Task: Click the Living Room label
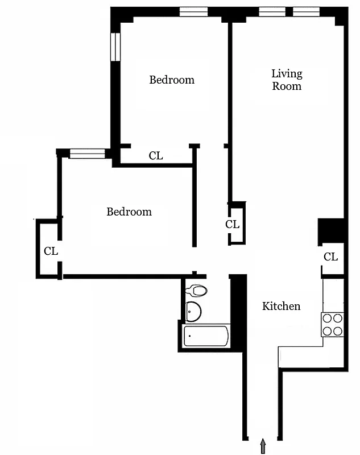coord(287,80)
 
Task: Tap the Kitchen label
coord(281,306)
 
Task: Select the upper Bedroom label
coord(172,80)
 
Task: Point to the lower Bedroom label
coord(129,212)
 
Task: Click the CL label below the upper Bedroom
coord(156,155)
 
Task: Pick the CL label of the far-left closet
coord(51,250)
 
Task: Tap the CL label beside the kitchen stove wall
coord(330,257)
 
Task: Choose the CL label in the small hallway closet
coord(233,224)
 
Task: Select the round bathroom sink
coord(193,311)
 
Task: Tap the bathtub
coord(206,336)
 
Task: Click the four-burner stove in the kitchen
coord(333,324)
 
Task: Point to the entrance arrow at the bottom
coord(263,446)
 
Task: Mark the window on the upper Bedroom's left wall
coord(115,47)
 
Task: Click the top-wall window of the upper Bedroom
coord(193,11)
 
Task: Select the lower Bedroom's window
coord(88,153)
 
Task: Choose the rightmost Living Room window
coord(306,11)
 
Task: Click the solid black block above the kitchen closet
coord(332,230)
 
